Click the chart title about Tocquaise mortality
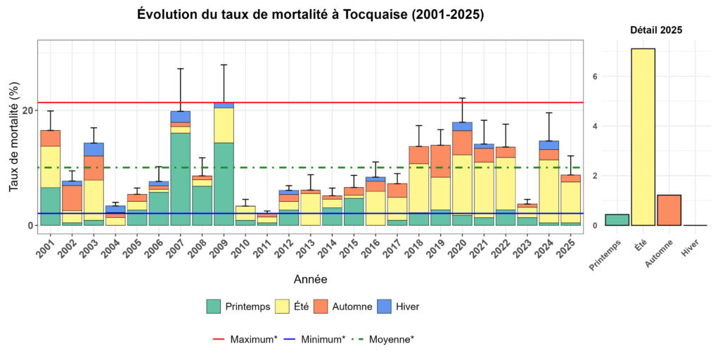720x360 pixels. coord(310,15)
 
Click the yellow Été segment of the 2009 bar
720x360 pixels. coord(224,125)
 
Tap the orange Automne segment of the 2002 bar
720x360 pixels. coord(72,198)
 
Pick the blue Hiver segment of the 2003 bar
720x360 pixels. coord(94,149)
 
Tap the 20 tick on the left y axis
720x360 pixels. coord(28,110)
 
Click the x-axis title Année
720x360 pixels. coord(310,279)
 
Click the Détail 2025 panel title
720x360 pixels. coord(655,30)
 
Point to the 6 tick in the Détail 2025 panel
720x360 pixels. coord(595,77)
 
